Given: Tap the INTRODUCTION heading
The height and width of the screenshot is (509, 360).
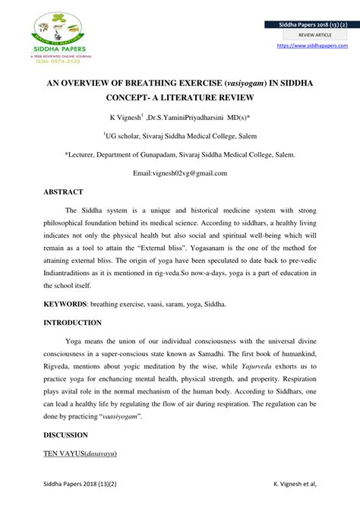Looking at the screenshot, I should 72,323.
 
